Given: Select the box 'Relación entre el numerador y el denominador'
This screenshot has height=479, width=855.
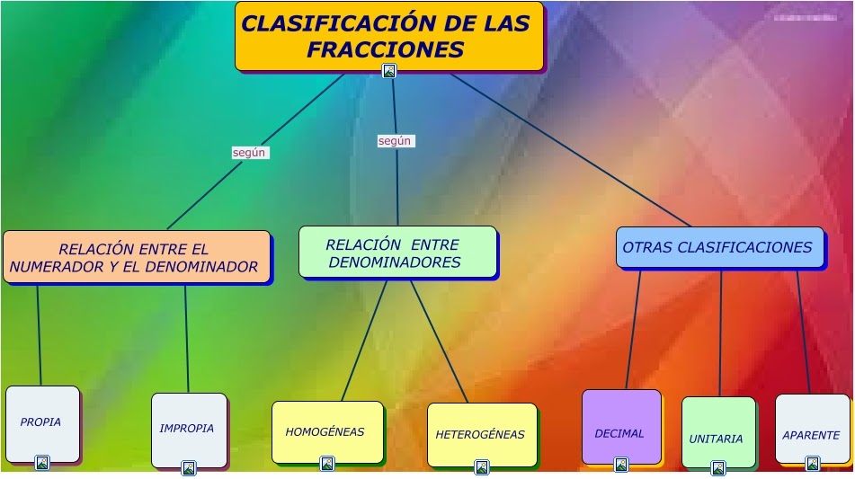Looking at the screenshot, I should pyautogui.click(x=137, y=257).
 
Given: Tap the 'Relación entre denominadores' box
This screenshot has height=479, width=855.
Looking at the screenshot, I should pyautogui.click(x=397, y=252).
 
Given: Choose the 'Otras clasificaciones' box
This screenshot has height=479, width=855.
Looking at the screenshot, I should pyautogui.click(x=719, y=247).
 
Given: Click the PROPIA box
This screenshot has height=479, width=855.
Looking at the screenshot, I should pyautogui.click(x=42, y=422).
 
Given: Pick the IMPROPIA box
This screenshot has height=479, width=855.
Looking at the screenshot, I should pyautogui.click(x=188, y=429).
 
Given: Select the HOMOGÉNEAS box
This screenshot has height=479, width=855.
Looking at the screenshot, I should pyautogui.click(x=326, y=432).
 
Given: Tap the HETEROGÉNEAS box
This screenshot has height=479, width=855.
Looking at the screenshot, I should pyautogui.click(x=481, y=435).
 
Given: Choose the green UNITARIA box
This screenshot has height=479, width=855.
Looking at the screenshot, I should pyautogui.click(x=717, y=433).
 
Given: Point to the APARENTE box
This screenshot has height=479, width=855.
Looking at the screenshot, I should pyautogui.click(x=811, y=430).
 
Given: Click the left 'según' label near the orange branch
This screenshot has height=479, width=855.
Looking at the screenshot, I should pyautogui.click(x=249, y=153).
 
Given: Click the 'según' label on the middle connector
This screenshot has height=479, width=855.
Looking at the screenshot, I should pyautogui.click(x=395, y=141).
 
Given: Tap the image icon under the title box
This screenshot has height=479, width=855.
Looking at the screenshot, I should pyautogui.click(x=389, y=71).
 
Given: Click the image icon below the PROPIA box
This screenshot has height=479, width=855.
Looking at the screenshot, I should pyautogui.click(x=41, y=463).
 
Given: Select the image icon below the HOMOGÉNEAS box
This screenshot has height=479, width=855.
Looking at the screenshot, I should pyautogui.click(x=327, y=464).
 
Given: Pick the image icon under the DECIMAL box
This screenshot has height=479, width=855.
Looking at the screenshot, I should pyautogui.click(x=621, y=465).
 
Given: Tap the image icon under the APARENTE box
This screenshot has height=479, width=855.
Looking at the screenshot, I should pyautogui.click(x=813, y=464).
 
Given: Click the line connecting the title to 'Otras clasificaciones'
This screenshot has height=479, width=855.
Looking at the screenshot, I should pyautogui.click(x=575, y=152).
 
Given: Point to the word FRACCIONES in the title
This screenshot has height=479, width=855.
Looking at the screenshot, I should pyautogui.click(x=386, y=50).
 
